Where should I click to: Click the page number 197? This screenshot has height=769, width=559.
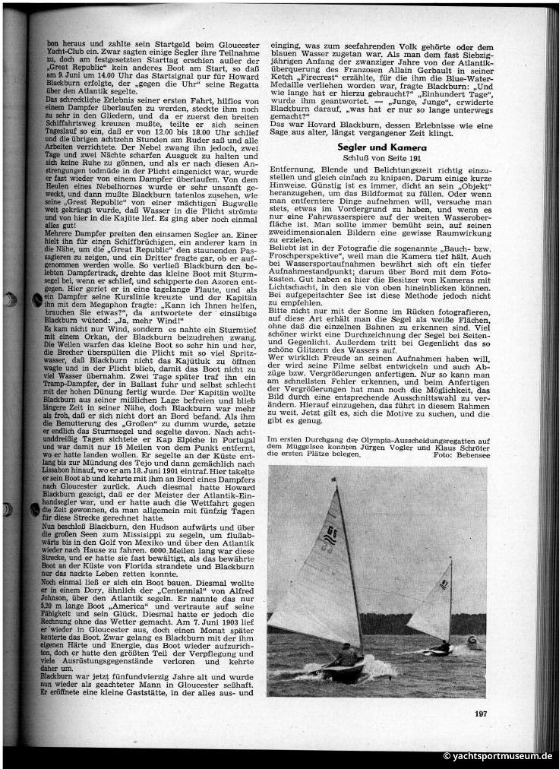click(x=480, y=712)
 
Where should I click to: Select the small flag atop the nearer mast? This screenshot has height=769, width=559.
click(x=333, y=481)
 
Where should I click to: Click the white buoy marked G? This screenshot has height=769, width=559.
click(x=474, y=643)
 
